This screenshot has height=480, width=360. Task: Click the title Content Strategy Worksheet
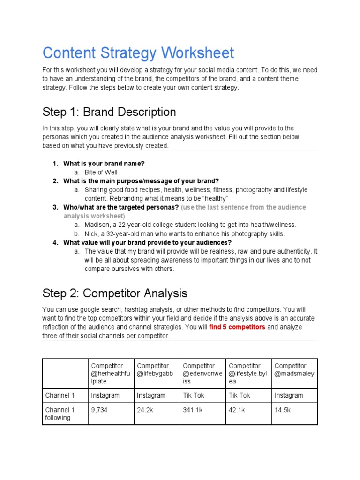(138, 52)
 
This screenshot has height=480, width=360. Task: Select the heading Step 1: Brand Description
(109, 112)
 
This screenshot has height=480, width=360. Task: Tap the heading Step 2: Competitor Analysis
(115, 293)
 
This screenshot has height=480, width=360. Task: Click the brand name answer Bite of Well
(101, 172)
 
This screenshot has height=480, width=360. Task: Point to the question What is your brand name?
(104, 164)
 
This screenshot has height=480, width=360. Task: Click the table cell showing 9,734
(99, 410)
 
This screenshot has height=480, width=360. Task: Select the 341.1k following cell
(193, 410)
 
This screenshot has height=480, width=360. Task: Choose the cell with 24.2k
(145, 410)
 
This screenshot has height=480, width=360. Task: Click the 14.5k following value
(283, 410)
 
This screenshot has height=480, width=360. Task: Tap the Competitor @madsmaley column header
(294, 370)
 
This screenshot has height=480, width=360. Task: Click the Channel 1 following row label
(60, 414)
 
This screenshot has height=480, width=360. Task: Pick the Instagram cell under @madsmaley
(289, 396)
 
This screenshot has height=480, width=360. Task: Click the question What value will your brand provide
(148, 242)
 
